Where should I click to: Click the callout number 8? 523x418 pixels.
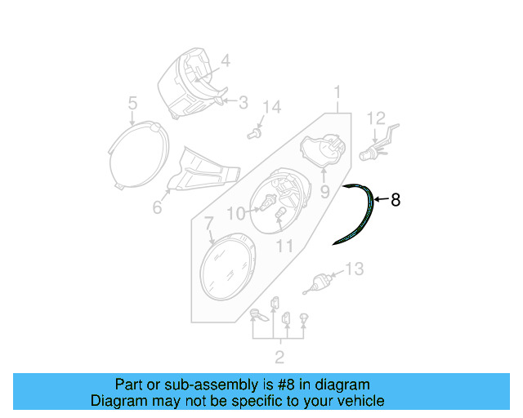click(x=396, y=199)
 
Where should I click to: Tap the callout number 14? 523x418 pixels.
click(x=271, y=107)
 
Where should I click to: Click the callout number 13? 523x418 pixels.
click(x=353, y=269)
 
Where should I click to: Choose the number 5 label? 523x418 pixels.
click(x=132, y=103)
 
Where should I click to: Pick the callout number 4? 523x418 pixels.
click(x=225, y=60)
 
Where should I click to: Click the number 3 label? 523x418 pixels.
click(x=243, y=102)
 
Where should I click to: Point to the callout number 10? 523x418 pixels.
click(x=235, y=214)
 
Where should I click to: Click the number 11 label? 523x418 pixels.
click(x=284, y=245)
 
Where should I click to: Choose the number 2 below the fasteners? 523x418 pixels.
click(x=279, y=356)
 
